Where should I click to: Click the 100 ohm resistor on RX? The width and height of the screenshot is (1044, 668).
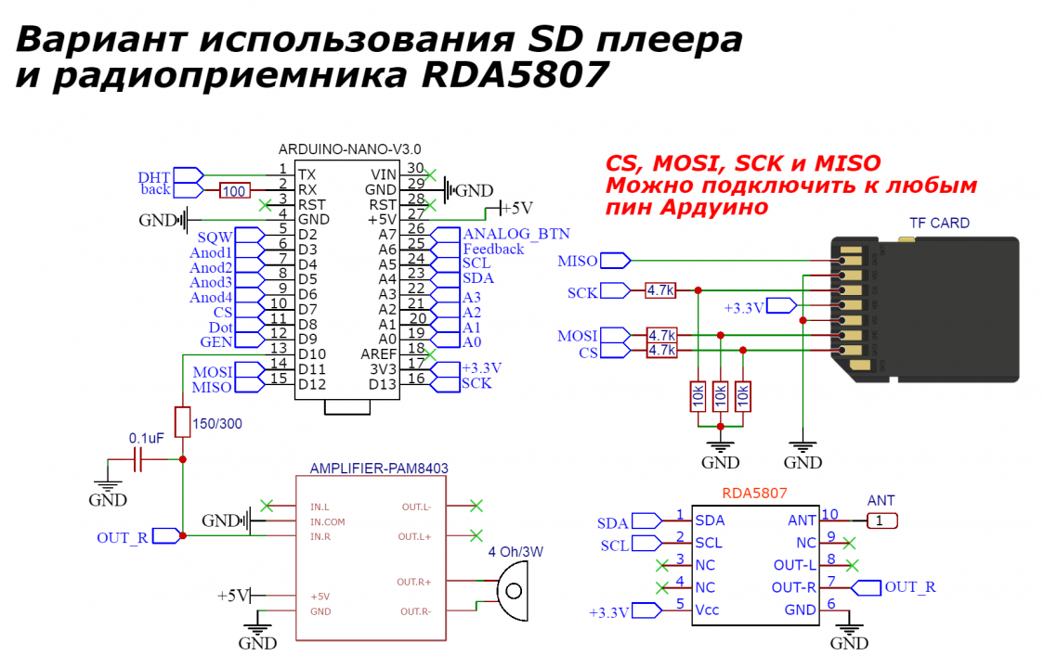click(x=235, y=191)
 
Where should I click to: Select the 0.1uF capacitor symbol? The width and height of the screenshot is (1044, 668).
click(x=138, y=459)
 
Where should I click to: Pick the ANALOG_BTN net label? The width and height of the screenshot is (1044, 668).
click(x=516, y=233)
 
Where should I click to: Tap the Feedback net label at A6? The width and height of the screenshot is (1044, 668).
click(x=493, y=249)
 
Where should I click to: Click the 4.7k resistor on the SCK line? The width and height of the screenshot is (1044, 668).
click(x=661, y=291)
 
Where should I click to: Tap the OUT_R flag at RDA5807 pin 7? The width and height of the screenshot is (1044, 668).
click(x=910, y=586)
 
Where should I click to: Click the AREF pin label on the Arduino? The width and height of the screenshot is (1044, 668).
click(x=378, y=354)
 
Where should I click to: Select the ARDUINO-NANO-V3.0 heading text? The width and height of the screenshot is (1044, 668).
click(x=350, y=148)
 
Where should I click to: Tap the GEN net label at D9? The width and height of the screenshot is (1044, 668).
click(x=215, y=341)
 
